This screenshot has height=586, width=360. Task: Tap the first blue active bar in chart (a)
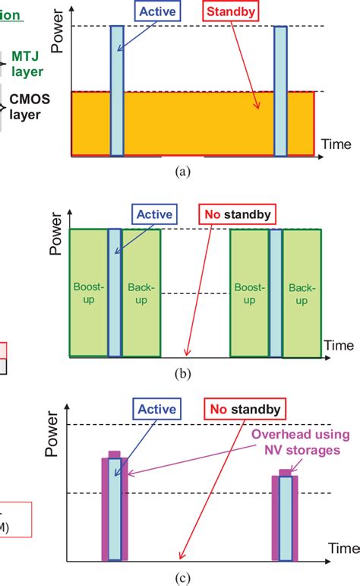pyautogui.click(x=116, y=90)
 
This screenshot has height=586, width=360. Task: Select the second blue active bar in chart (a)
pyautogui.click(x=281, y=90)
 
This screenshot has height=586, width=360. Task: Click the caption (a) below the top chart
pyautogui.click(x=182, y=173)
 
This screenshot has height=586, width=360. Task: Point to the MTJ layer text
pyautogui.click(x=27, y=63)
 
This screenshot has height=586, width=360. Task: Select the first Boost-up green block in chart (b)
pyautogui.click(x=88, y=293)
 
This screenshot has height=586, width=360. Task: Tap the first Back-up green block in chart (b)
pyautogui.click(x=141, y=293)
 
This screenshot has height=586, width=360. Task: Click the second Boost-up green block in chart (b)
pyautogui.click(x=250, y=293)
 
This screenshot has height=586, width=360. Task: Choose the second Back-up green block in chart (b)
pyautogui.click(x=302, y=293)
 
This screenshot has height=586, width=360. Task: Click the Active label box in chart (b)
pyautogui.click(x=155, y=214)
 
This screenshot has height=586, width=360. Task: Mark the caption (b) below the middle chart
pyautogui.click(x=182, y=373)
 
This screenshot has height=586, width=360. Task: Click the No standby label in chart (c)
pyautogui.click(x=245, y=410)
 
